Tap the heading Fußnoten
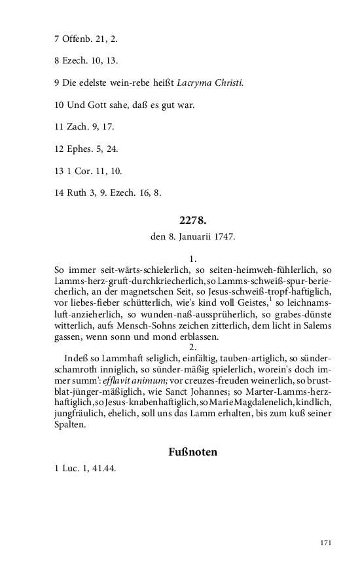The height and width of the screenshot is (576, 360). point(192,452)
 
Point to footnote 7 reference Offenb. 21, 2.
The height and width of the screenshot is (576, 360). point(86,39)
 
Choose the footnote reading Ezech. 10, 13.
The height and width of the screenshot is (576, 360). point(86,61)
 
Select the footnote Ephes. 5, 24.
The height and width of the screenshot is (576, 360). point(86,149)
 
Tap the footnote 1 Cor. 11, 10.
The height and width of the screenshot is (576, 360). point(88,171)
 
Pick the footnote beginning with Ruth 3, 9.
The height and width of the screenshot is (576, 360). point(107,193)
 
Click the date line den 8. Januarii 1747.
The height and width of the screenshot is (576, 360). point(192,236)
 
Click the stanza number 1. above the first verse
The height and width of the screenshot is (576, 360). point(192,259)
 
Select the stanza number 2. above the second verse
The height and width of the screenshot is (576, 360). point(192,347)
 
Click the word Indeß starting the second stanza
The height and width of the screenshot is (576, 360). point(77,359)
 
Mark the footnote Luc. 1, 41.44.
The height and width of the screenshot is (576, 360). point(86,469)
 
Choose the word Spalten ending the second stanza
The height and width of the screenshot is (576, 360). point(70,425)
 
